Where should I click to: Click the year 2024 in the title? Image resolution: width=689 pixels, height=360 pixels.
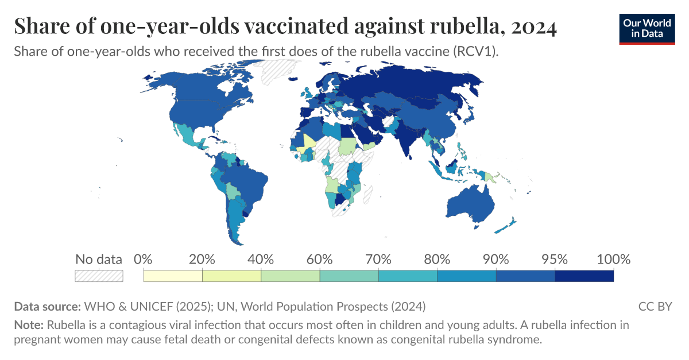tap(532, 27)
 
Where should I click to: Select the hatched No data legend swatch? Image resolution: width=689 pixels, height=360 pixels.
tap(99, 276)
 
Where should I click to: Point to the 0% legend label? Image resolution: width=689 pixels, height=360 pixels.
tap(143, 259)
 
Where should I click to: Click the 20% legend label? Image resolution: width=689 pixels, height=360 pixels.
tap(202, 259)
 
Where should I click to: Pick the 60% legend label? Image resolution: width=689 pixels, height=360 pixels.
tap(320, 259)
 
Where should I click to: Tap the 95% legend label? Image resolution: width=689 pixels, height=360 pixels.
tap(555, 259)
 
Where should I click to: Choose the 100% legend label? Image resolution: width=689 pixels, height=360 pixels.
tap(613, 259)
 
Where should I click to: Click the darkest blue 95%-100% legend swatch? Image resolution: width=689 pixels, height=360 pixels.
tap(584, 276)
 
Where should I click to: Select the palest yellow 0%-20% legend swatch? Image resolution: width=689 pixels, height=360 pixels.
tap(173, 276)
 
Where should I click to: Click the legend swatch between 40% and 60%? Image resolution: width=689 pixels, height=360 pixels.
tap(291, 276)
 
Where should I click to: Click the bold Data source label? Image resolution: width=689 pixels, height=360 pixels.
tap(48, 306)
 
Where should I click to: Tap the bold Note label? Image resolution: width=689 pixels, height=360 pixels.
tap(29, 325)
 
